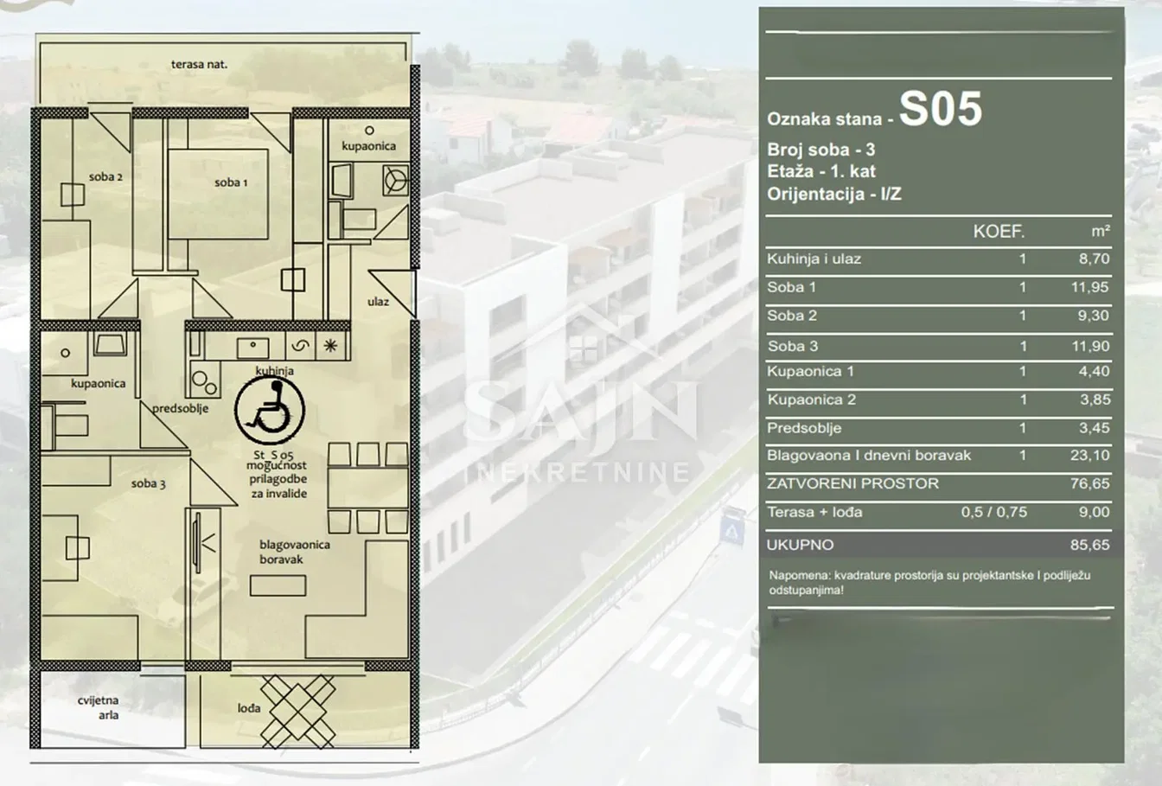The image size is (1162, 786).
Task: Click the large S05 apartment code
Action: pos(940,109)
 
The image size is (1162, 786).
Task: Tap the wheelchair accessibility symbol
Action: pos(269,411)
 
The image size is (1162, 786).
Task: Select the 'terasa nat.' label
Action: pos(199,64)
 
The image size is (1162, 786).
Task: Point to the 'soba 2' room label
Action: pos(105,177)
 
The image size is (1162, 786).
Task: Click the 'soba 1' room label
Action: pos(231,182)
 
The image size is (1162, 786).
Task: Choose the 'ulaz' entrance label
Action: pos(378,302)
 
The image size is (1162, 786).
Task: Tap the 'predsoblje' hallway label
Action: pos(180,408)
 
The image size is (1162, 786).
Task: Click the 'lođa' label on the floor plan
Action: pos(249,708)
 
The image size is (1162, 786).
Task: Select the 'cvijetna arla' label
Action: pos(99,707)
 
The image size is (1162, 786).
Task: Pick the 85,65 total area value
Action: pos(1090,545)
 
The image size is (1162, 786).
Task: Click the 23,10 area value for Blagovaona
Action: pos(1090,455)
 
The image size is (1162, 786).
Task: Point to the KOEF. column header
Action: pos(999,232)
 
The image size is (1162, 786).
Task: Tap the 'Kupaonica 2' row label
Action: pos(811,399)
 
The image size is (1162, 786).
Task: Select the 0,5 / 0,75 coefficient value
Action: pos(994,512)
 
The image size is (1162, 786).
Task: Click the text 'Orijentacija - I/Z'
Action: pos(834,194)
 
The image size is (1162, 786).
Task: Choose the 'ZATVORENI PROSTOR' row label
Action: pos(852,483)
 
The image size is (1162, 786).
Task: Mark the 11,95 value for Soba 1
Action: pos(1090,287)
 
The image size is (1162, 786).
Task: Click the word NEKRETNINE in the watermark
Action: pos(583,472)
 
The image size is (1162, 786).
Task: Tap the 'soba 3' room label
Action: pos(148,483)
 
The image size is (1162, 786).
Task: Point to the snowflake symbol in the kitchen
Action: pos(330,346)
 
